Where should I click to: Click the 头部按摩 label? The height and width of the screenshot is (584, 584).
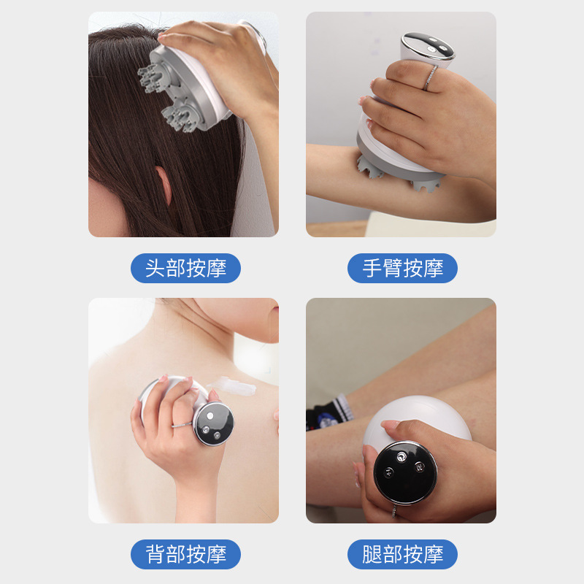[185, 268]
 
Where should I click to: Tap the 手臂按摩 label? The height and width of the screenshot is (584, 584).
[402, 268]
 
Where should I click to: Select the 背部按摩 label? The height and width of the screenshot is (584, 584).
[185, 554]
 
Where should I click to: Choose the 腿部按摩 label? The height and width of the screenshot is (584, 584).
[402, 554]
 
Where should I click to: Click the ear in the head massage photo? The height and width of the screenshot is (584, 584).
[164, 185]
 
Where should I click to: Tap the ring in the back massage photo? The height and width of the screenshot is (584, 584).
[182, 425]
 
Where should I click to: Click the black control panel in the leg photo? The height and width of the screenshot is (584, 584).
[405, 473]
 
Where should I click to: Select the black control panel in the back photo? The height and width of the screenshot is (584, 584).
[214, 424]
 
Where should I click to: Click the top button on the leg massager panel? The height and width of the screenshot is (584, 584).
[401, 456]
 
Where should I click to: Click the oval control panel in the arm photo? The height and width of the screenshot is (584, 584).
[429, 46]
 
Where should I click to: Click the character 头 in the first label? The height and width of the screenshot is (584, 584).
[155, 268]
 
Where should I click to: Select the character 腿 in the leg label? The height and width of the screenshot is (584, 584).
[372, 554]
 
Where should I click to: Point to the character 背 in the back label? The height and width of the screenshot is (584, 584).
[155, 554]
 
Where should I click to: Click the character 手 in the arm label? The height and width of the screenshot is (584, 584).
[372, 268]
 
